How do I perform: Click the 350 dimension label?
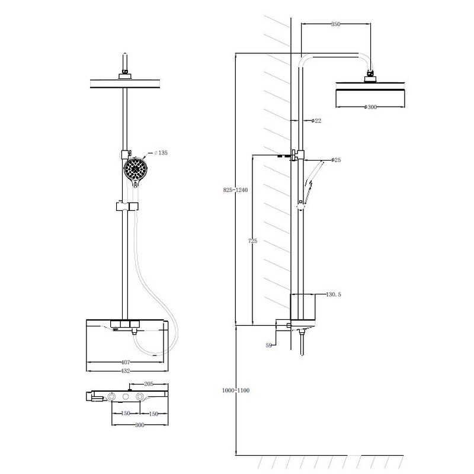(x=335, y=24)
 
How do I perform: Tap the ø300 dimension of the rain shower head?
(x=371, y=107)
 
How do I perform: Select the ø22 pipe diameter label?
(x=316, y=121)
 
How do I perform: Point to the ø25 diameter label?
(x=336, y=159)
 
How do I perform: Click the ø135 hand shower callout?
(x=161, y=153)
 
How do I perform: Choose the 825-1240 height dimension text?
(x=235, y=190)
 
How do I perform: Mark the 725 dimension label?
(x=253, y=241)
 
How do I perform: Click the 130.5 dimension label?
(x=334, y=294)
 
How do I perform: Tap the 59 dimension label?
(x=269, y=345)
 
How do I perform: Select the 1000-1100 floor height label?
(x=236, y=390)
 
